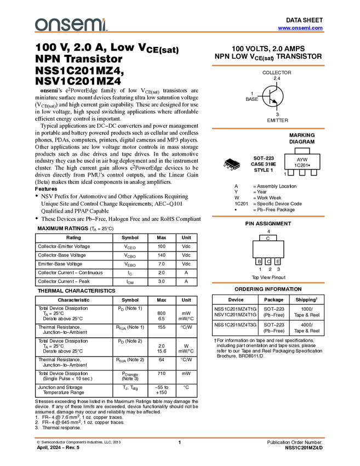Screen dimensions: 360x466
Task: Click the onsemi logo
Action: [x=71, y=25]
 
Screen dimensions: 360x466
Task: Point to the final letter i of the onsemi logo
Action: [x=106, y=25]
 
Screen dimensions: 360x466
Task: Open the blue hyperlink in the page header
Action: [x=300, y=28]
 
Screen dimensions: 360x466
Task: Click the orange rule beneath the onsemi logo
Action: [x=181, y=32]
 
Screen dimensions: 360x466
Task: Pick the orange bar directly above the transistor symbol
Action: [x=268, y=65]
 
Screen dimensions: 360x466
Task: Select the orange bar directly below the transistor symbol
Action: [x=268, y=128]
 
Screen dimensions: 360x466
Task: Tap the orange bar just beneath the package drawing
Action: [x=268, y=216]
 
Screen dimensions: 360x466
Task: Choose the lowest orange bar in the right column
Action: [x=268, y=283]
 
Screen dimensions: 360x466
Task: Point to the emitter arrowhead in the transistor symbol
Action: [x=274, y=101]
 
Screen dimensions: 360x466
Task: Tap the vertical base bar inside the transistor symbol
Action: [x=270, y=96]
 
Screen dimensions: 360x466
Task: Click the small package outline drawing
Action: [x=231, y=166]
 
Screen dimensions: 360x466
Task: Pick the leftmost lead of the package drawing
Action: [x=225, y=164]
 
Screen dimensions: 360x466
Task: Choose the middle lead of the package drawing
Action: [x=228, y=167]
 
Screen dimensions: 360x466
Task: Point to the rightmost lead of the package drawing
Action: [x=233, y=169]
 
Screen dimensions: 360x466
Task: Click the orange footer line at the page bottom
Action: [x=180, y=437]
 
